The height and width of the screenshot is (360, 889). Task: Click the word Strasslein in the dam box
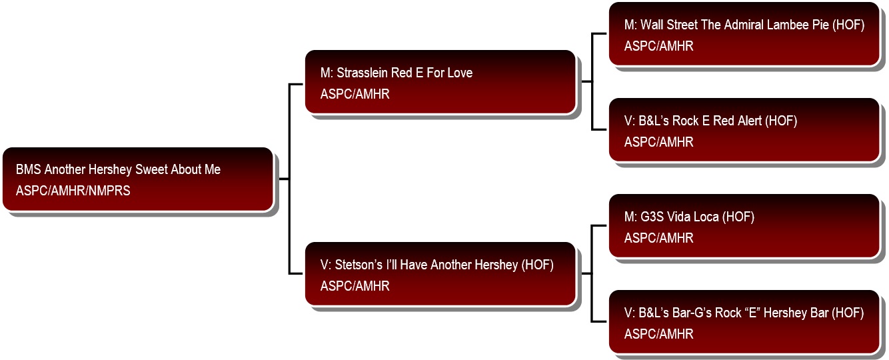362,73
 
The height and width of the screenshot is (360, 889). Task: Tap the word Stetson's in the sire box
359,265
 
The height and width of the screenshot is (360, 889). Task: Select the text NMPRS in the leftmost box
109,191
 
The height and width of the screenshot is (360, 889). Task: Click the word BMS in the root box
28,169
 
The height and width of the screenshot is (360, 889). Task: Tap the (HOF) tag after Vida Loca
738,217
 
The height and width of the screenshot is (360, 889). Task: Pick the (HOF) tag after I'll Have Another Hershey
537,265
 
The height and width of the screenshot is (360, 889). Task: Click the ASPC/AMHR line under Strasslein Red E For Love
355,94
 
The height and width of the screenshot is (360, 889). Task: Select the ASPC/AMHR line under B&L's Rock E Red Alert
659,142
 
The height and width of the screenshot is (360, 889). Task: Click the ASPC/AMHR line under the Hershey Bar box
659,334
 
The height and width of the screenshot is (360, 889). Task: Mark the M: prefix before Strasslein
327,73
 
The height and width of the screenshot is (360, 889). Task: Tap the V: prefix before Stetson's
326,265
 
